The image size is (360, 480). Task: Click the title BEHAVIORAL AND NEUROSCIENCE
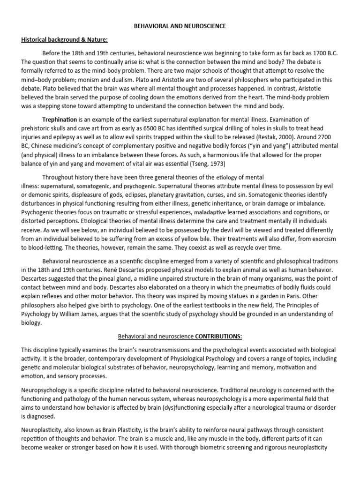coord(180,26)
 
